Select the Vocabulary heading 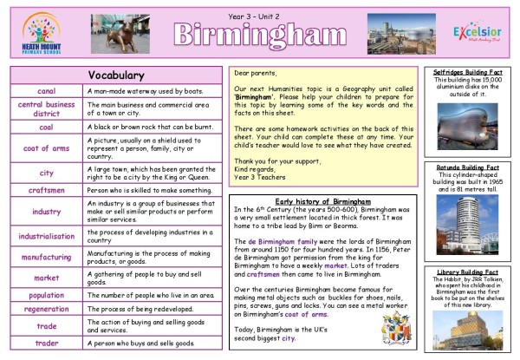click(116, 74)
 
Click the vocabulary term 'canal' click(47, 90)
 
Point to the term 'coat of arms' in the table click(47, 147)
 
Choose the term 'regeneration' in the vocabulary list click(47, 310)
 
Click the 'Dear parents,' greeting click(257, 75)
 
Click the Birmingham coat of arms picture click(396, 329)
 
